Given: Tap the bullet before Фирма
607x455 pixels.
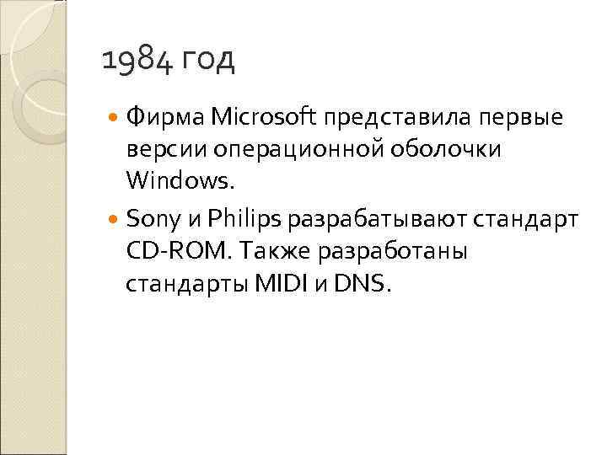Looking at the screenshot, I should point(115,117).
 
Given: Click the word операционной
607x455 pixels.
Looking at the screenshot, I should point(300,149).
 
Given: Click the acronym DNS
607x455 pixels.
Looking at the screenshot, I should point(362,284).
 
